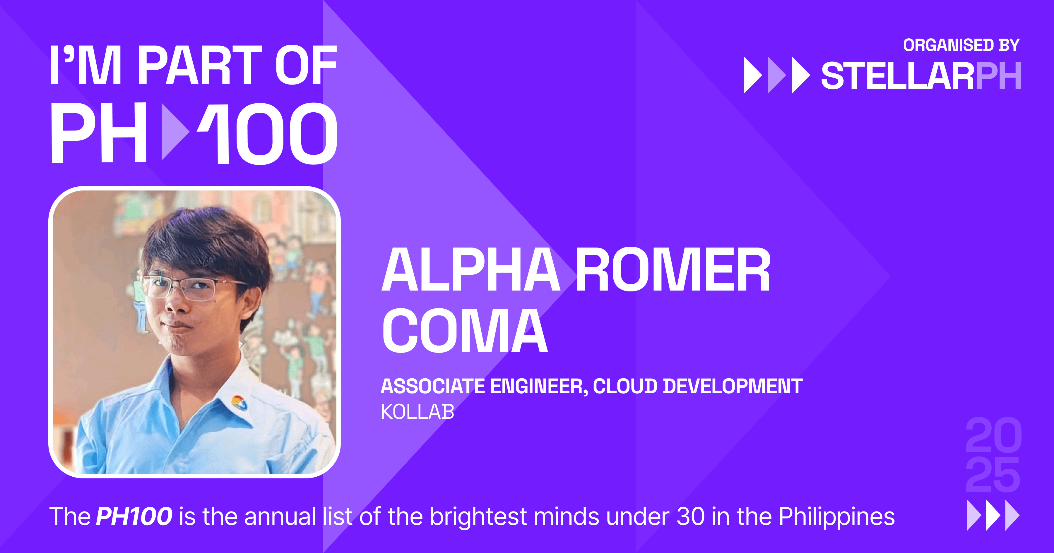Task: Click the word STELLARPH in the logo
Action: (x=920, y=76)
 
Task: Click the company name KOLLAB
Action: (x=417, y=412)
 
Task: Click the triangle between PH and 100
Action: (x=174, y=132)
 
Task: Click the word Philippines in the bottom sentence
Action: (x=836, y=517)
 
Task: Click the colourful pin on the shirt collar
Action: (x=239, y=403)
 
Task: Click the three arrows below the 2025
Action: (x=993, y=515)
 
